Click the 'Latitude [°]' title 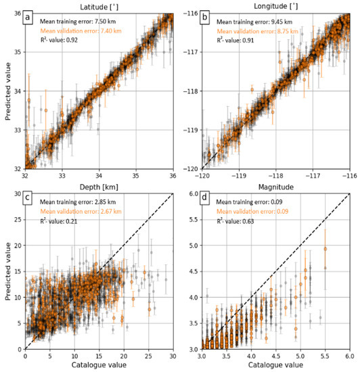99,7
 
